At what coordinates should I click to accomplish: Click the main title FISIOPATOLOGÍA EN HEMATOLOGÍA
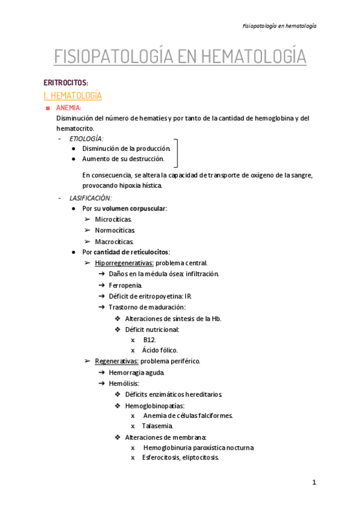(180, 57)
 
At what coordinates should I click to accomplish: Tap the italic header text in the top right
(279, 26)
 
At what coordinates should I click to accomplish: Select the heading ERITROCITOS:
(66, 82)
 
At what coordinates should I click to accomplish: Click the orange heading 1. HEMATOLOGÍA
(73, 96)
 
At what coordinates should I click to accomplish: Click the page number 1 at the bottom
(314, 483)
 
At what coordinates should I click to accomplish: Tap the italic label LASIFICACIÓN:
(90, 198)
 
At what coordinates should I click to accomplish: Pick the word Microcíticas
(114, 220)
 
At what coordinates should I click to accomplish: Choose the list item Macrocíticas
(114, 241)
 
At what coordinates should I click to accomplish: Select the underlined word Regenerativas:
(117, 361)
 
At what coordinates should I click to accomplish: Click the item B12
(149, 339)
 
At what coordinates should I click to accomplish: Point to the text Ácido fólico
(160, 350)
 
